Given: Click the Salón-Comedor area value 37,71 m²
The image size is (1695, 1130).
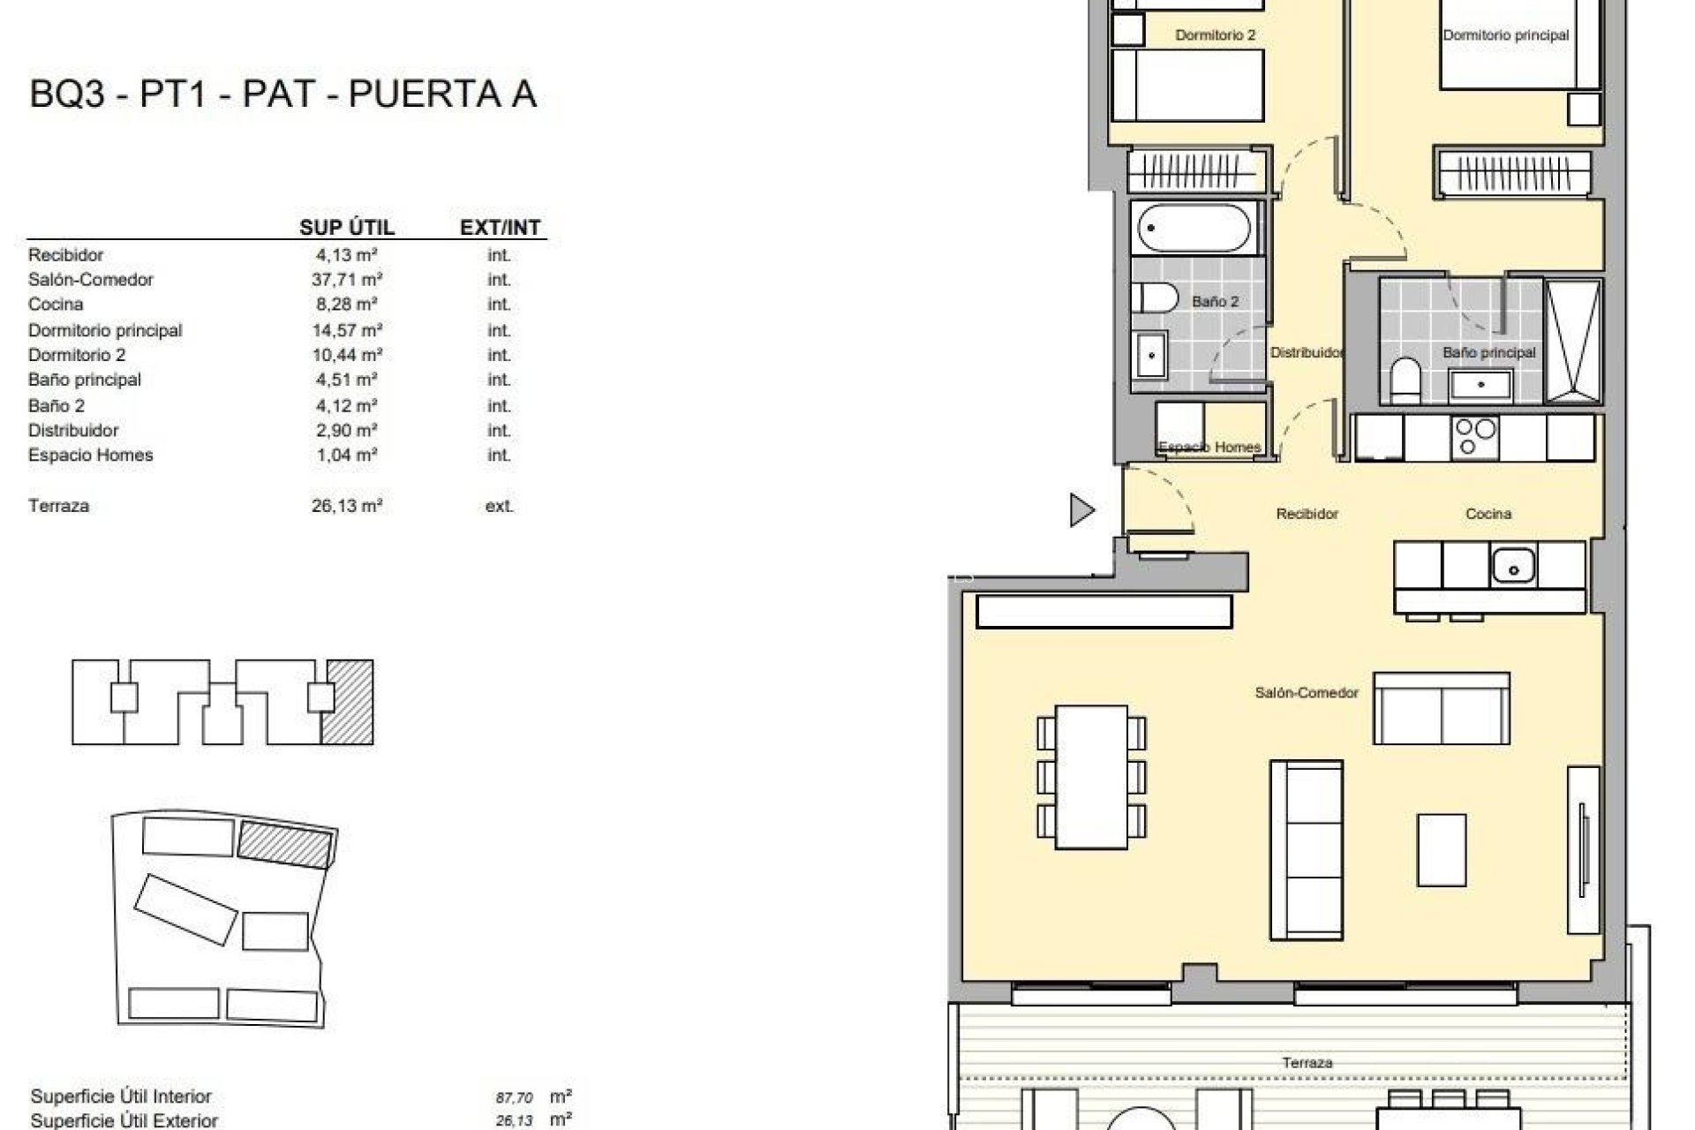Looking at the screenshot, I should [x=347, y=280].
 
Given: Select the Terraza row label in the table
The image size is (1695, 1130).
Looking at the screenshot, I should [x=58, y=506].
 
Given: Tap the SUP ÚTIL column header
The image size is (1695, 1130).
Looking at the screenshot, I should [x=347, y=227].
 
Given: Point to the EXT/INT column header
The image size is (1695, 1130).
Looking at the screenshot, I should [x=500, y=227].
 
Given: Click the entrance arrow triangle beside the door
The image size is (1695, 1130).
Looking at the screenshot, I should [x=1081, y=510].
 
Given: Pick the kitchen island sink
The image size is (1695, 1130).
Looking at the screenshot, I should [x=1513, y=566].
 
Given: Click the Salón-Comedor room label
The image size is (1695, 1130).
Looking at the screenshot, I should [x=1306, y=693].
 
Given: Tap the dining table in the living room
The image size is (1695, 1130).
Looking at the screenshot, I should [x=1091, y=777].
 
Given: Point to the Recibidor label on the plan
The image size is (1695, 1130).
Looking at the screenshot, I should [x=1307, y=513].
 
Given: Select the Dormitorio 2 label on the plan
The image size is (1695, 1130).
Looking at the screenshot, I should [x=1215, y=35].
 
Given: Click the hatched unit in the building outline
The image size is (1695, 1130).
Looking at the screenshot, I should [x=347, y=702].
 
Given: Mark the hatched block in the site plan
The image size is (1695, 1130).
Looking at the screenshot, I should [x=286, y=841].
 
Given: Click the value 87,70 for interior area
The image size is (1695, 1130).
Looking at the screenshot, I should [x=514, y=1098].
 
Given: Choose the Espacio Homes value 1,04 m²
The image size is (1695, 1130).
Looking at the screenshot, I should [x=347, y=456].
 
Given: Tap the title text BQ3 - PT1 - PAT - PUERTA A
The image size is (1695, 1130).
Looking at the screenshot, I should [x=282, y=94].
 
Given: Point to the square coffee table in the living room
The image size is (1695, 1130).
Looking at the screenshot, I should [x=1442, y=849].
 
